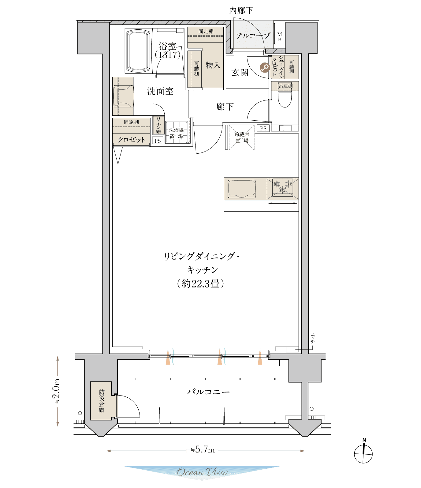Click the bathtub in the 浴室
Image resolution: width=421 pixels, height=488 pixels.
click(x=139, y=51)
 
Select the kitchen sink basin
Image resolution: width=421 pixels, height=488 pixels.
click(x=242, y=189)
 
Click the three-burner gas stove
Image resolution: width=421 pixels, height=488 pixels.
click(x=282, y=187)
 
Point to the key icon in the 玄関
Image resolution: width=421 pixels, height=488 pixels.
click(x=265, y=67)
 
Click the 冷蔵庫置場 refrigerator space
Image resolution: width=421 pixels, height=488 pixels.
click(x=242, y=137)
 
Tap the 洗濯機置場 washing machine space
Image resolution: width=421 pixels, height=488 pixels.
click(x=177, y=133)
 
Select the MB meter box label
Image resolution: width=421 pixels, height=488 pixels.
click(x=279, y=37)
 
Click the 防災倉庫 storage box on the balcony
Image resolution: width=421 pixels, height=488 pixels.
click(x=101, y=401)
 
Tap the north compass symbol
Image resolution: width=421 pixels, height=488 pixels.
click(x=363, y=452)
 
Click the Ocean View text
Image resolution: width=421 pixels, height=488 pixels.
click(x=202, y=472)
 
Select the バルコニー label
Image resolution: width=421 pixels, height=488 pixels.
click(x=208, y=392)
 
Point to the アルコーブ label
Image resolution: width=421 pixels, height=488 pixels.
click(x=253, y=36)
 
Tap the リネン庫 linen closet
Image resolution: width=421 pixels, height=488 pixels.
click(x=158, y=125)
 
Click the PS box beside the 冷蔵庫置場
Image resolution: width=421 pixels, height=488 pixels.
click(x=263, y=128)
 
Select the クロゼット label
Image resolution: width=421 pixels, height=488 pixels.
click(x=131, y=140)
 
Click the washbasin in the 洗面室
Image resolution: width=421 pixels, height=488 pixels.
click(x=123, y=96)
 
